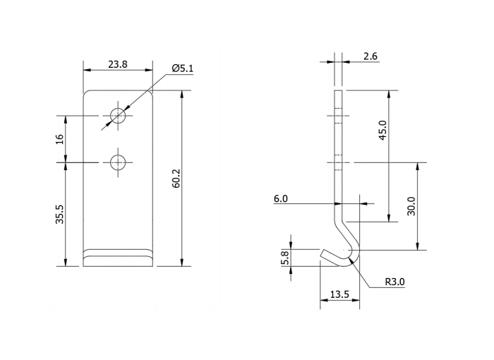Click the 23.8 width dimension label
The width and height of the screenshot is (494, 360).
pos(118,64)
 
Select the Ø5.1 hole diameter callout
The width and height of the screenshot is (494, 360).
pos(182,68)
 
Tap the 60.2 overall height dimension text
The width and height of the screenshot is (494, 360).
pos(176,179)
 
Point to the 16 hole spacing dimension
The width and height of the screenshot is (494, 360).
pos(59,139)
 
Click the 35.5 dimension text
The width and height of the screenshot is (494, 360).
pos(59,215)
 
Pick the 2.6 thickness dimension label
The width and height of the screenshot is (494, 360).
pos(370,56)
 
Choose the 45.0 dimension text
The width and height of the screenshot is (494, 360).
pos(382,131)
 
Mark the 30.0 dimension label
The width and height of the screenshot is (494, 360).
pos(411,206)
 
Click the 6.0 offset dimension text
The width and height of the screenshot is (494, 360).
pos(281,199)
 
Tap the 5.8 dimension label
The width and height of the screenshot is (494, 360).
pos(285,258)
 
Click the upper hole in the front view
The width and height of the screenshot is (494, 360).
pos(118,115)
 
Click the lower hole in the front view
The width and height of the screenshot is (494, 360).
pos(118,162)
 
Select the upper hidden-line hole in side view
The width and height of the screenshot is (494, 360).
pos(338,115)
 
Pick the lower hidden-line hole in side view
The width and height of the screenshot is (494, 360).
pos(338,162)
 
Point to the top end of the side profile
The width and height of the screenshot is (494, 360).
pos(338,92)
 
